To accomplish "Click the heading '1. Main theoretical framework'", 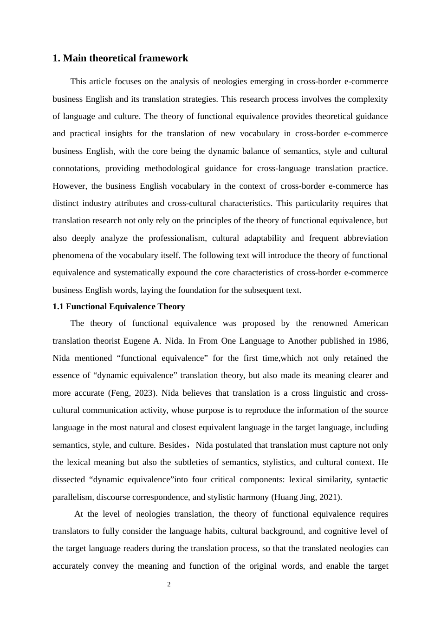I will [120, 58].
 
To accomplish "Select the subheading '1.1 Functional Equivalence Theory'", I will [118, 306].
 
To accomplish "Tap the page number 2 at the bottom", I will [169, 585].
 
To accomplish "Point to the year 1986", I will [378, 341].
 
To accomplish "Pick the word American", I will [370, 323].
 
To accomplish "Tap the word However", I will [69, 186].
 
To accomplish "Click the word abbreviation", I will [365, 238].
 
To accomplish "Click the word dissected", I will [68, 479].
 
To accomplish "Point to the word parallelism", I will [72, 497].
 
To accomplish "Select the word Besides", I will [172, 445].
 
